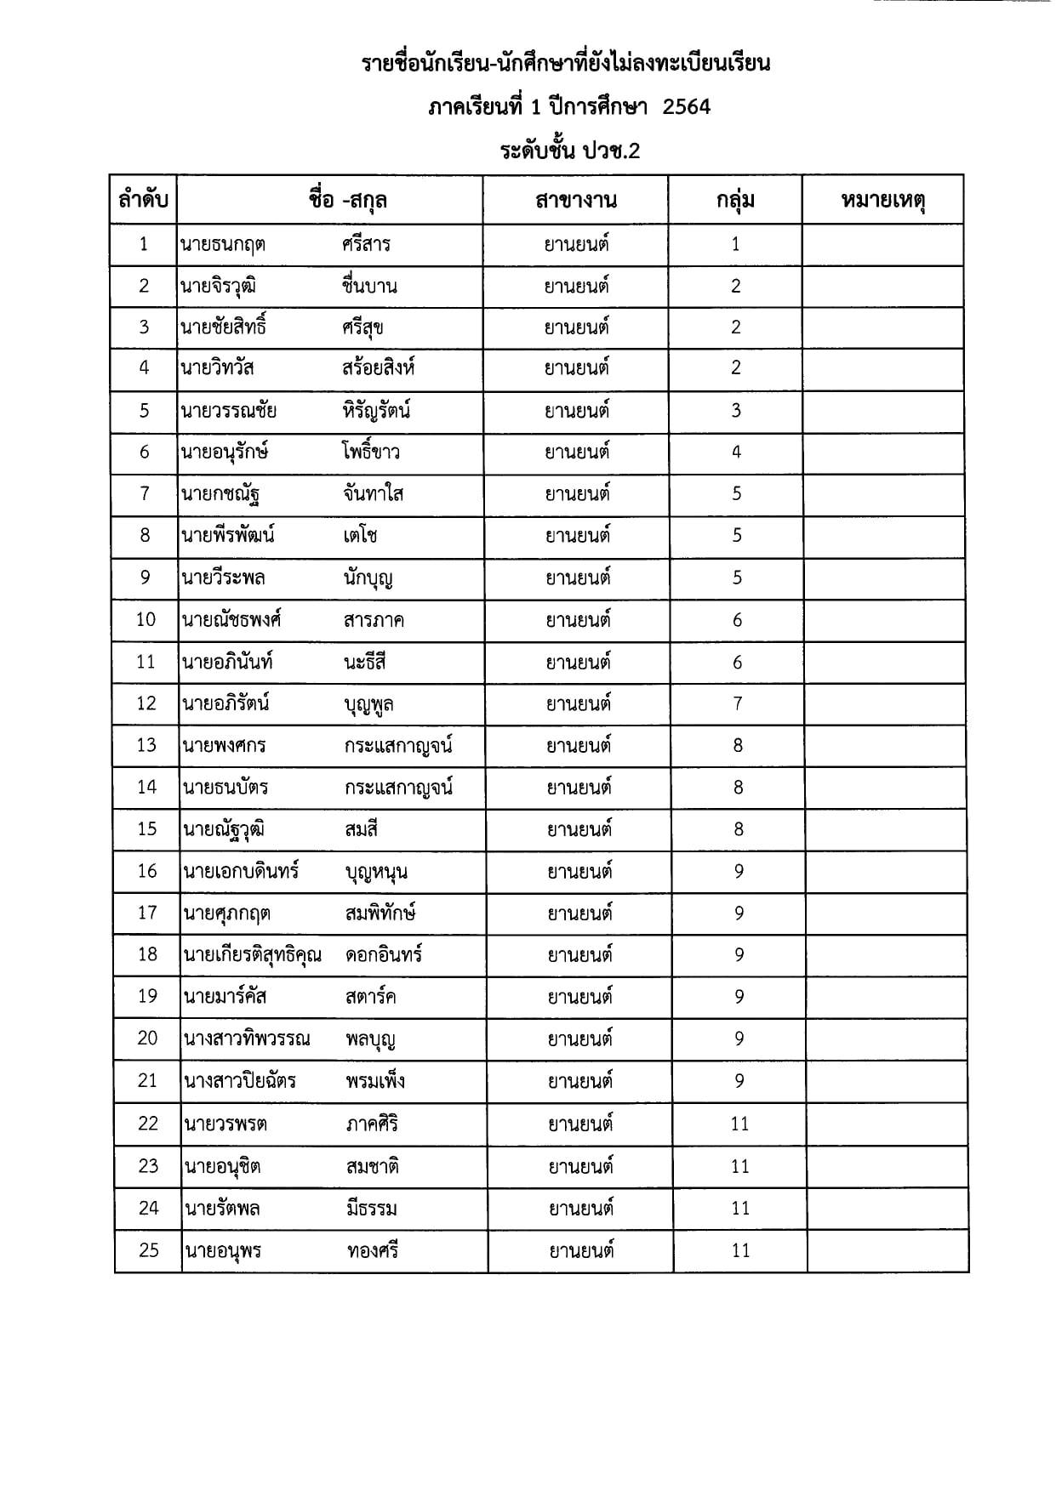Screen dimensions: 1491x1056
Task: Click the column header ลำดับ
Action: (143, 201)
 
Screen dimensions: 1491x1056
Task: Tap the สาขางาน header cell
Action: (576, 201)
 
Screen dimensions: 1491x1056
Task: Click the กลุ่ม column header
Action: (735, 201)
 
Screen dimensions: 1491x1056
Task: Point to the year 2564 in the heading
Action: (686, 107)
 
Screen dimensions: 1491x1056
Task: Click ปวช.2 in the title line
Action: (611, 151)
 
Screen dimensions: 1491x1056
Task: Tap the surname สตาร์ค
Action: (371, 997)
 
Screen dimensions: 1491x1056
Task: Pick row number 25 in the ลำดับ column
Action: (148, 1250)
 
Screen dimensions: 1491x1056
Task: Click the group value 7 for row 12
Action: (737, 703)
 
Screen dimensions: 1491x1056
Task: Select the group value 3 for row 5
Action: (736, 411)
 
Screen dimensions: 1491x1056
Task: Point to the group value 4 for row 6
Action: (736, 452)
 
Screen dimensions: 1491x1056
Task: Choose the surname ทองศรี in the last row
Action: (373, 1250)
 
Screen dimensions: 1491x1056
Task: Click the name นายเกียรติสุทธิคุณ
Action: (253, 955)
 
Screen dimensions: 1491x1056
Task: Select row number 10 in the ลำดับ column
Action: (146, 620)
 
